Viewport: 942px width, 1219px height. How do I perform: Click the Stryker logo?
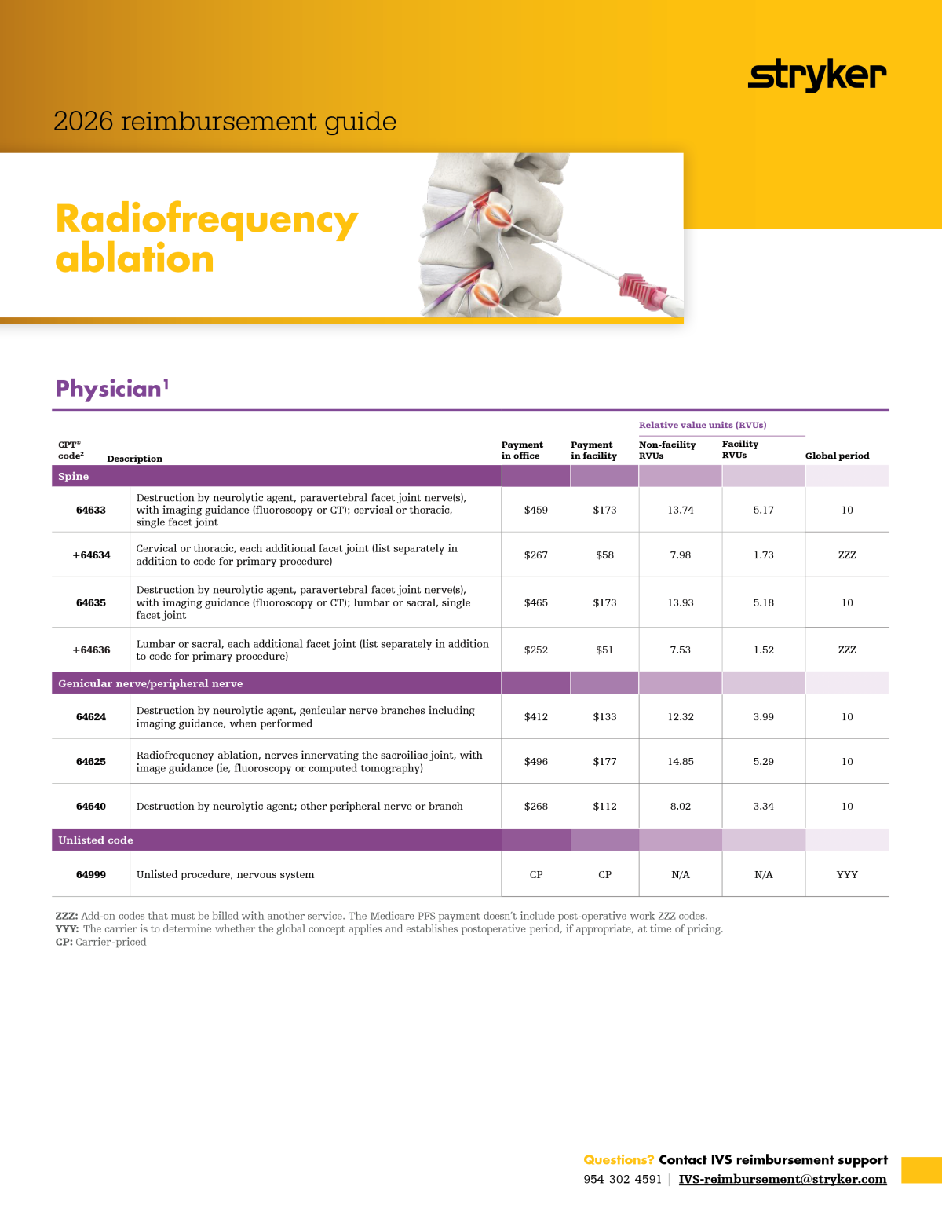(816, 75)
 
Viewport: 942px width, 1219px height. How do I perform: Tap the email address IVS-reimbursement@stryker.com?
(782, 1179)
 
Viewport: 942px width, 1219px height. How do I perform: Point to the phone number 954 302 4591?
(623, 1179)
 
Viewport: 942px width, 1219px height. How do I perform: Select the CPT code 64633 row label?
(91, 510)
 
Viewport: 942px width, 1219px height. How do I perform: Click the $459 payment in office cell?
(536, 510)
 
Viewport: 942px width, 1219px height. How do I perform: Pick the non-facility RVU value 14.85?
(681, 761)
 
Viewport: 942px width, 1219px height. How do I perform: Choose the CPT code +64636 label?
(91, 650)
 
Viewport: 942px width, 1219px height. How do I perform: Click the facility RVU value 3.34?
(763, 806)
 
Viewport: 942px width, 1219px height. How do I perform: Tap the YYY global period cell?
(847, 874)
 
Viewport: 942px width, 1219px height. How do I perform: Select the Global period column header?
(837, 456)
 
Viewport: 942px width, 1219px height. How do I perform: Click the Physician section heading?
(108, 389)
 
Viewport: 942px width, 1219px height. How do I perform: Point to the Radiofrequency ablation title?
(206, 238)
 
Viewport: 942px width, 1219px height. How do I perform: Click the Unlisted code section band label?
(96, 840)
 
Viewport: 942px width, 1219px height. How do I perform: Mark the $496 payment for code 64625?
(536, 761)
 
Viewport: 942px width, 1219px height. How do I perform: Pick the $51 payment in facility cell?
(604, 650)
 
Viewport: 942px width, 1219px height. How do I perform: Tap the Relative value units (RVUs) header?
(703, 425)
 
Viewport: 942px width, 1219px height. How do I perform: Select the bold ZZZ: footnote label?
(67, 916)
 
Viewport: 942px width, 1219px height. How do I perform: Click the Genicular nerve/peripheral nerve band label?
(151, 683)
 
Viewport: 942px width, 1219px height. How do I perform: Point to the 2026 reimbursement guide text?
(225, 121)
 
